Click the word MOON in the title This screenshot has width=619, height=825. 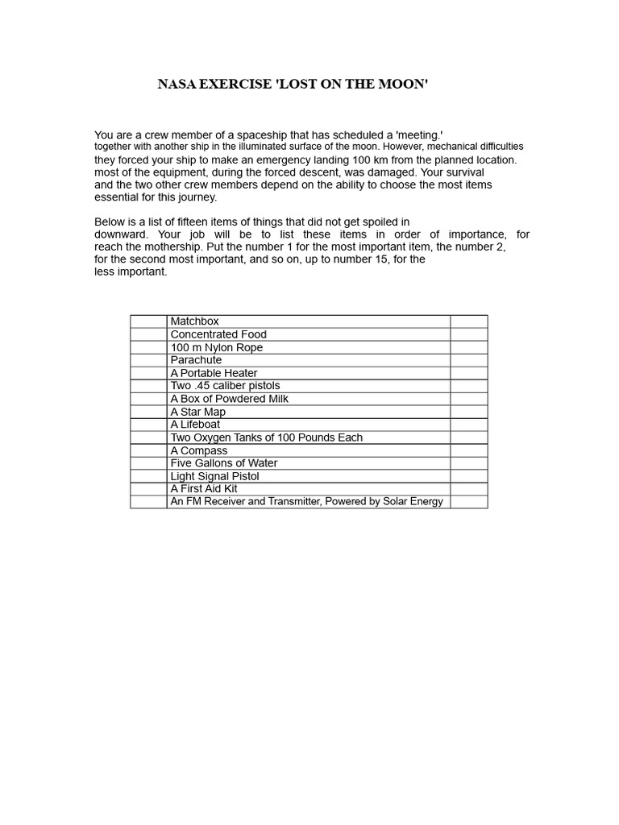[x=398, y=85]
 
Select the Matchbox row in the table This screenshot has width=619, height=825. [x=194, y=321]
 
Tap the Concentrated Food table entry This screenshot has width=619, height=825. [x=218, y=334]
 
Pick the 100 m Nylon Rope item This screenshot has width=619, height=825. [x=216, y=347]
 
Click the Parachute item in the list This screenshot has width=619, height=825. [x=196, y=360]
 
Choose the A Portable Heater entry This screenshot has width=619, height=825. [x=214, y=373]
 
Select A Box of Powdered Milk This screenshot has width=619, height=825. [x=229, y=399]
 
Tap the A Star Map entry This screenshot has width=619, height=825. [x=197, y=412]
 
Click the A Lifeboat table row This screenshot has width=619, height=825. [x=195, y=425]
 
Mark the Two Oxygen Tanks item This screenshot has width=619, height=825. [x=266, y=437]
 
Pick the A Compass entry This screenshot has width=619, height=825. [x=198, y=450]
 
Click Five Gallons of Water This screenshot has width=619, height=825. [x=224, y=463]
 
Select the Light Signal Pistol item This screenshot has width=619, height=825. [x=214, y=476]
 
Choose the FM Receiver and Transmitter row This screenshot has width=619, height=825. [x=306, y=502]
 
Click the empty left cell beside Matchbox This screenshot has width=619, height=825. [x=148, y=321]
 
